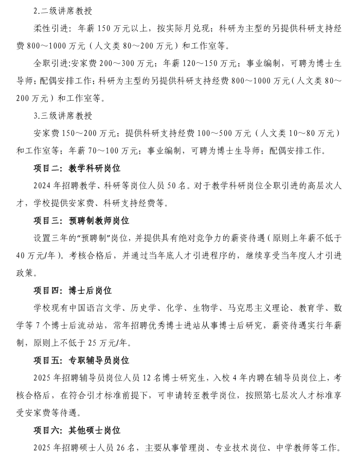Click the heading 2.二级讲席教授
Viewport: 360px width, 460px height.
tap(63, 11)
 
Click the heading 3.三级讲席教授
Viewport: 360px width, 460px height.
tap(63, 116)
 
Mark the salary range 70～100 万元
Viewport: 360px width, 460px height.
tap(111, 151)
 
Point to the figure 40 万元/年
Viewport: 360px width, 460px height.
tap(38, 256)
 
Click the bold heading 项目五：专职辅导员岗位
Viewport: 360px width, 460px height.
tap(81, 361)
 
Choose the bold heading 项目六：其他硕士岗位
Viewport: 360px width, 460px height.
tap(77, 431)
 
